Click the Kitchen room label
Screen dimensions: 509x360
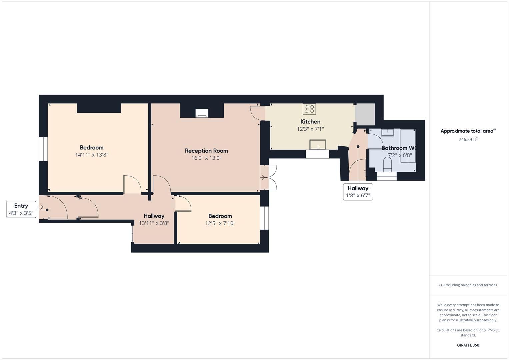point(310,122)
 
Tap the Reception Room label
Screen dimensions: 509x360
point(206,151)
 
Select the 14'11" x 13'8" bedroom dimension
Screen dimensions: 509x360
point(92,155)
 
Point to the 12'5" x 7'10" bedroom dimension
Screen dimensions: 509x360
point(220,223)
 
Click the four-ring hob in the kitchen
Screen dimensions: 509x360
point(309,109)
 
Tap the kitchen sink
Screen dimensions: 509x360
point(318,145)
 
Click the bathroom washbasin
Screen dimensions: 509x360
point(388,132)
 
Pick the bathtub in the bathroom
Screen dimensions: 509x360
point(408,146)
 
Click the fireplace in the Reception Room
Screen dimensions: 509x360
point(202,113)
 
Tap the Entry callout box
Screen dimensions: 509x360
point(21,209)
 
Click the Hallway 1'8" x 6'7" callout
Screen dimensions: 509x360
point(358,192)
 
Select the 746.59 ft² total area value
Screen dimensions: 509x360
point(468,139)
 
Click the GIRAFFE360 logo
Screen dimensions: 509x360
point(468,345)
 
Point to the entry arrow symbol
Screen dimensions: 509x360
point(41,207)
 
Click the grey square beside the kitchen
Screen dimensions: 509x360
point(365,114)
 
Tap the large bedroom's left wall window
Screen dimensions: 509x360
point(43,149)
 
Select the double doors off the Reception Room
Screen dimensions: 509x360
point(269,177)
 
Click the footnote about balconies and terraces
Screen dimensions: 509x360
point(468,285)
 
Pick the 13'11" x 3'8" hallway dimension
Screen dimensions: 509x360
point(154,223)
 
